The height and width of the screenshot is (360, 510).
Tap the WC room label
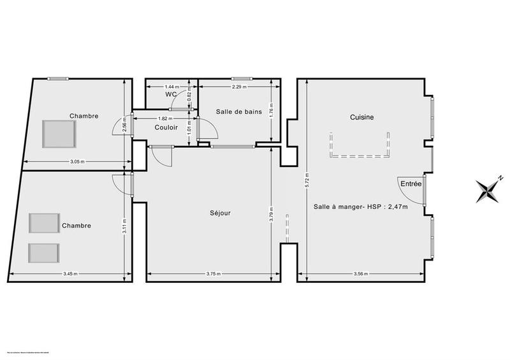[170, 94]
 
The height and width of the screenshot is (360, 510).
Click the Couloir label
[165, 127]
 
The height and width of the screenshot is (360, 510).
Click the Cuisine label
[361, 117]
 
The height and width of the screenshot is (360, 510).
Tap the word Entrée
[411, 184]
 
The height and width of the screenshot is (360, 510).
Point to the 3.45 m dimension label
[71, 275]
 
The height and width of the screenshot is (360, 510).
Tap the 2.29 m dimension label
[240, 86]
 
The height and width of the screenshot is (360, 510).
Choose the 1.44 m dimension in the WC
[171, 86]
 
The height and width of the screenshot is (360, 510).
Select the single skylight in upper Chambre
[59, 133]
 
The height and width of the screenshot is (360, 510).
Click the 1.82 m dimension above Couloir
[164, 119]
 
